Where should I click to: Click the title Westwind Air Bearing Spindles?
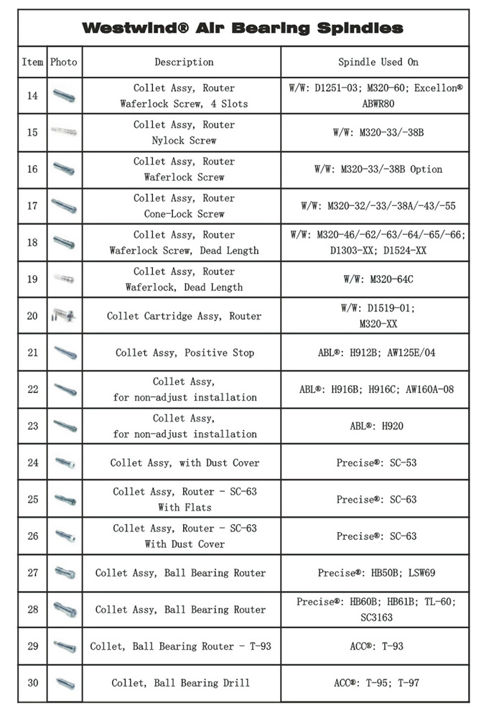point(242,29)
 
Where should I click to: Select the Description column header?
point(184,62)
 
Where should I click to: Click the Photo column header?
point(64,62)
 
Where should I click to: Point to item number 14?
point(32,95)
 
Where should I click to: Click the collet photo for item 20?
point(64,316)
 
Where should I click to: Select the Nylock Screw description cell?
point(184,133)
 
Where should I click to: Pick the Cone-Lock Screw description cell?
point(184,206)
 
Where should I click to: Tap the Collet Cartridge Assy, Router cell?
point(184,316)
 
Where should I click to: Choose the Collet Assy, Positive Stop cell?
point(185,353)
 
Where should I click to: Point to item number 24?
point(32,462)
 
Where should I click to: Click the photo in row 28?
point(65,610)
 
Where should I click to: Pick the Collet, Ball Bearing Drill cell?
point(184,683)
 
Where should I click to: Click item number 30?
point(32,683)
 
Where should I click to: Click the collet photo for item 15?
point(64,132)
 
